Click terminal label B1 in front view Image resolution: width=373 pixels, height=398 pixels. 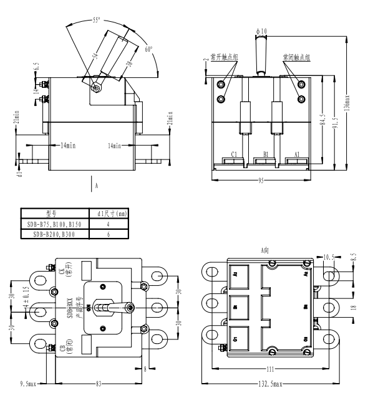point(265,153)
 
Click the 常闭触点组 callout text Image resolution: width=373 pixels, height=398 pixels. point(297,58)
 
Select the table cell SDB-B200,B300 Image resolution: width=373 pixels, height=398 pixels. point(55,234)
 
